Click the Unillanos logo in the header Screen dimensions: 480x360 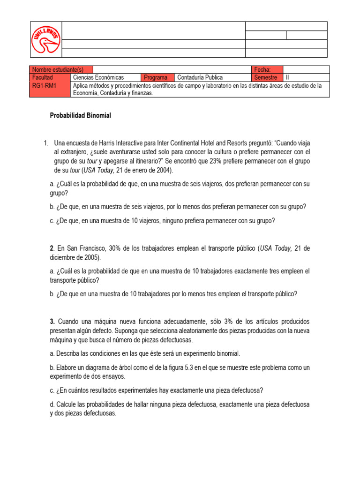coord(45,39)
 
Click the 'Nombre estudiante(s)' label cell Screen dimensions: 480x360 coord(61,69)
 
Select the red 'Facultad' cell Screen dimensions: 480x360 coord(43,77)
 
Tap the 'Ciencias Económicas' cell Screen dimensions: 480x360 coord(98,77)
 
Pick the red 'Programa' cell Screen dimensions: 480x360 coord(156,77)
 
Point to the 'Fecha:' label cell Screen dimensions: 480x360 coord(262,69)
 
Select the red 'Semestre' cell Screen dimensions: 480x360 coord(266,77)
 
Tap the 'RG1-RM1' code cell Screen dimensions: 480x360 coord(43,86)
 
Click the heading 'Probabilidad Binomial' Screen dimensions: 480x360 coord(80,116)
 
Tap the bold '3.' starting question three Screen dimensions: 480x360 coord(52,322)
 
